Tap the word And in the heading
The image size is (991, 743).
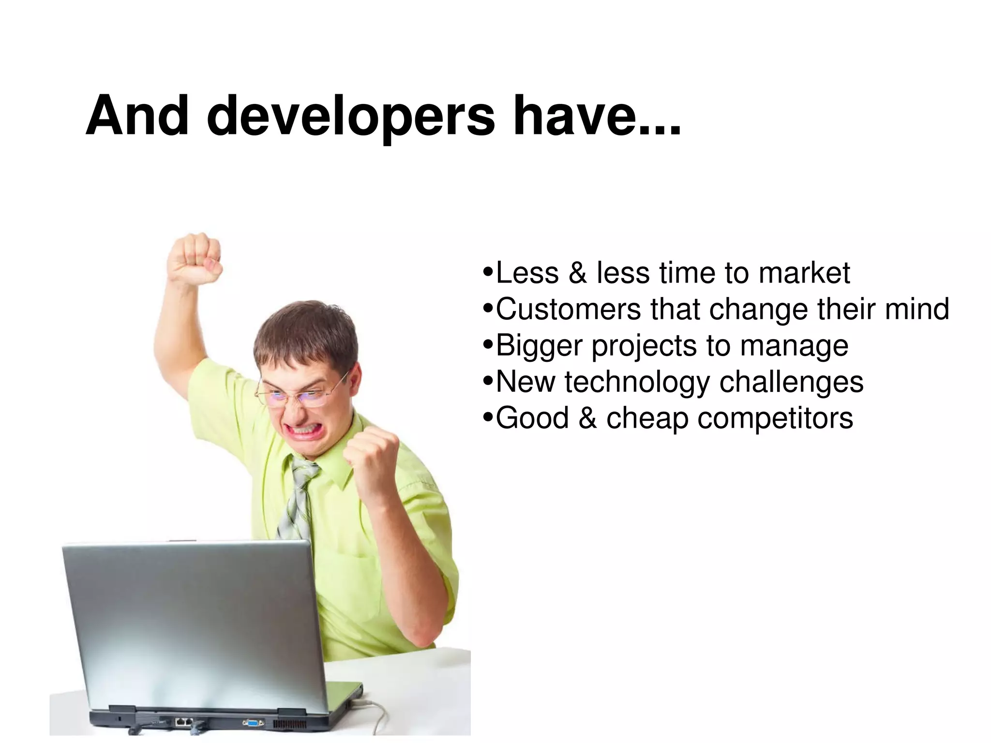pos(137,116)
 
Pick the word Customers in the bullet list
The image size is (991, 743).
pos(568,309)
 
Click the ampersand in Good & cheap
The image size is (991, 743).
pos(587,418)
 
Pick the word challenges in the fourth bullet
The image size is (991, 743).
pos(791,382)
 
